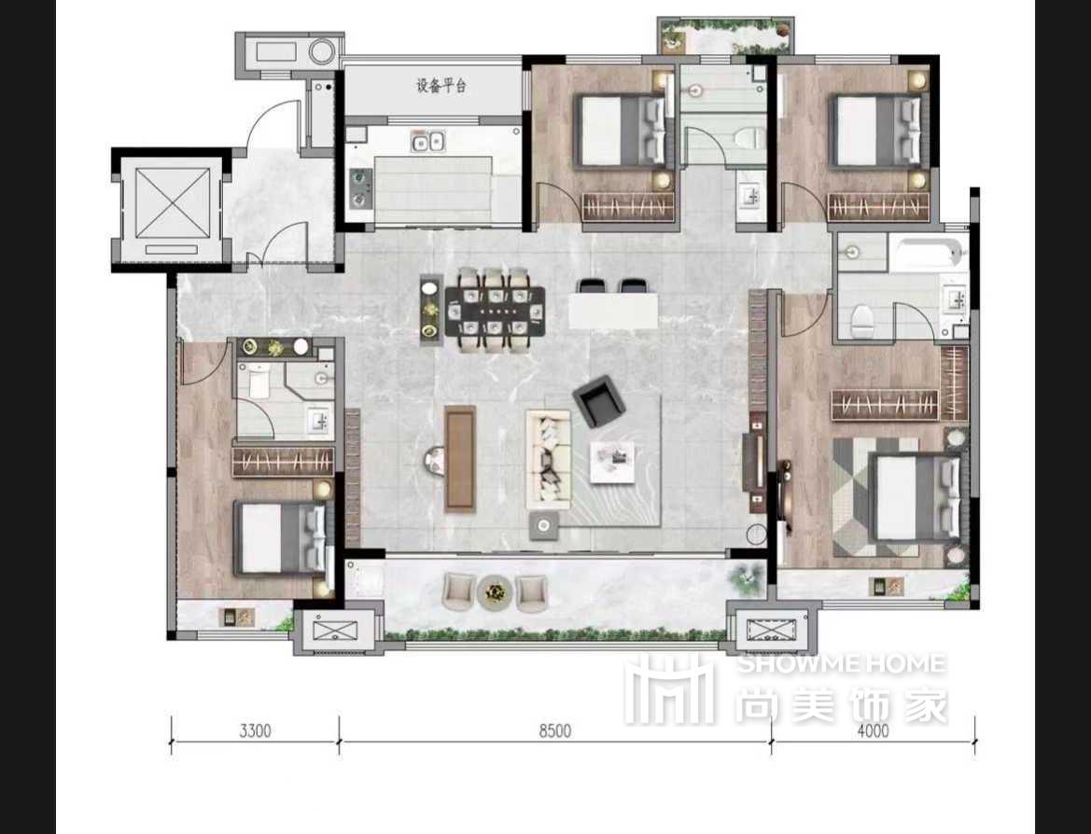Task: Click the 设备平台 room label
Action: tap(441, 86)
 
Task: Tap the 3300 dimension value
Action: tap(255, 731)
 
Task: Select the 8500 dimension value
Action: tap(554, 731)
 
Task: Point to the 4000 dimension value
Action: tap(873, 730)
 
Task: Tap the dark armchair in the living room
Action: tap(597, 401)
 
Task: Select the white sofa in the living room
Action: tap(548, 459)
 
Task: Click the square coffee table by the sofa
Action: tap(612, 462)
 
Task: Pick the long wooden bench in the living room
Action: tap(460, 458)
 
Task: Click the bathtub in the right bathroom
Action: tap(930, 254)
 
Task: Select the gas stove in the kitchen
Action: tap(359, 188)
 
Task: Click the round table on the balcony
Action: tap(496, 592)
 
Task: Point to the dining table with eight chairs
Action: tap(495, 311)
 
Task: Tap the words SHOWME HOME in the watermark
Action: tap(841, 663)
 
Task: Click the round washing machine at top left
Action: tap(322, 51)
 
